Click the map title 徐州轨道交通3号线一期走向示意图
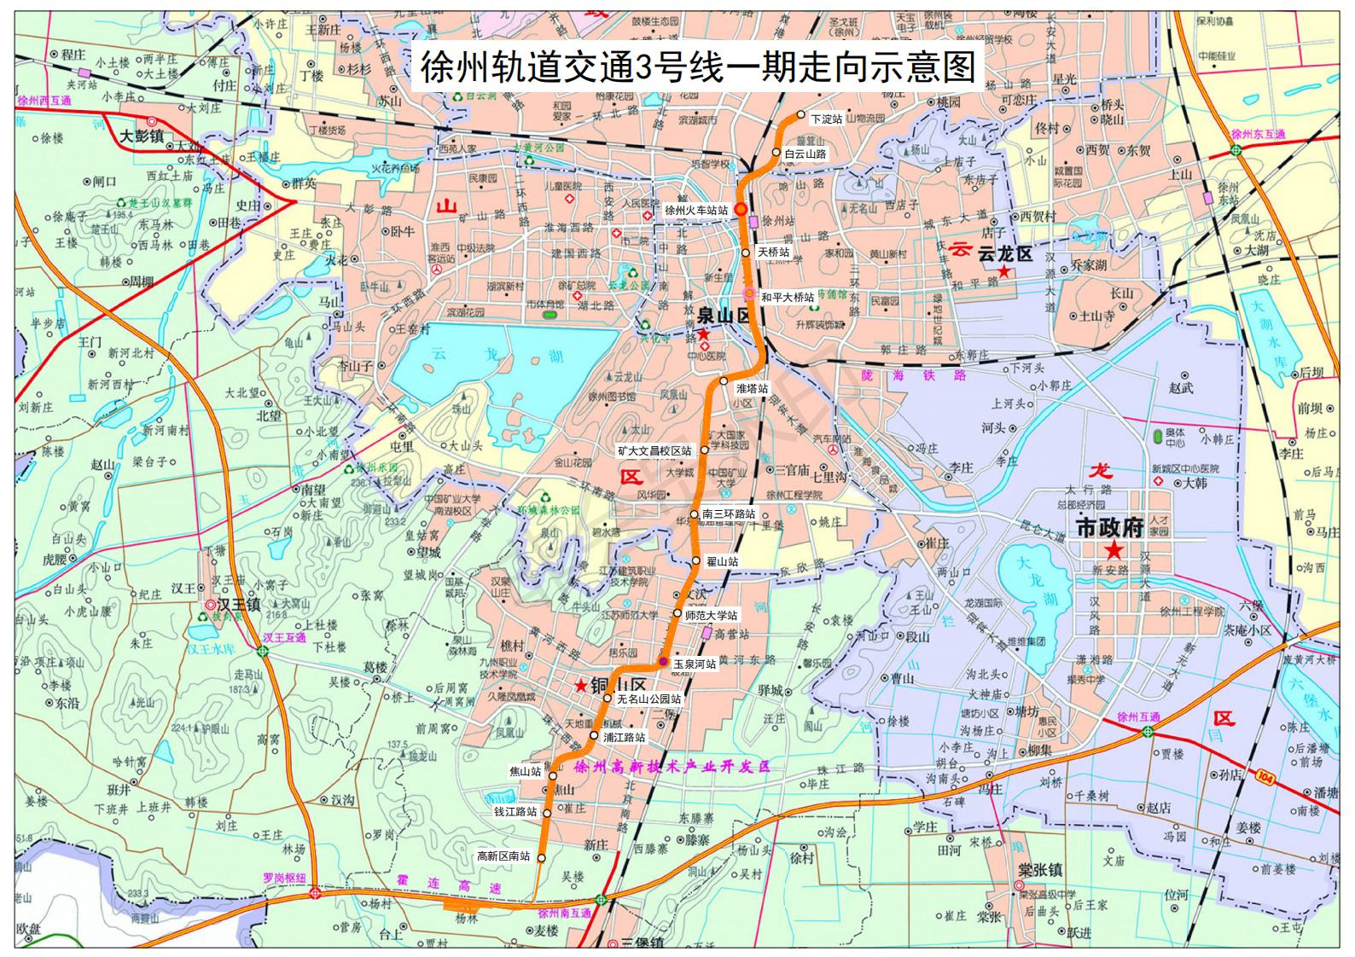pos(697,67)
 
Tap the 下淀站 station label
pos(826,119)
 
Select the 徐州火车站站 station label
pos(696,210)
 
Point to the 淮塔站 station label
pos(752,388)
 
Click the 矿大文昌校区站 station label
pos(654,450)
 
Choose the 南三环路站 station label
pos(729,514)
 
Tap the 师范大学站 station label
pos(711,615)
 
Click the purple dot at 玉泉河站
pos(663,662)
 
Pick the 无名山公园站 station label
pos(649,699)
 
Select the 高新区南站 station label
pos(503,856)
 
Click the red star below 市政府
pos(1114,551)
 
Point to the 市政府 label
pos(1109,528)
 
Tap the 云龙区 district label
pos(1004,253)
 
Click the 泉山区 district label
pos(724,316)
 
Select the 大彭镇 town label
pos(141,136)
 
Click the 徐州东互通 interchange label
pos(1258,135)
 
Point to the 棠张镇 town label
pos(1039,870)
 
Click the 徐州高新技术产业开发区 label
pos(672,767)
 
